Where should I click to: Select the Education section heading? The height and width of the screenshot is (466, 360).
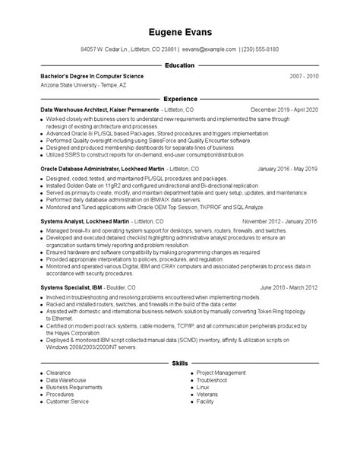[180, 66]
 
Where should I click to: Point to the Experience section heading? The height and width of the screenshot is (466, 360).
[180, 99]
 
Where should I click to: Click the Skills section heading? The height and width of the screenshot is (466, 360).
[180, 363]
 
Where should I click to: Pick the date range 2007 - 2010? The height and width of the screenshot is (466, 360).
[304, 77]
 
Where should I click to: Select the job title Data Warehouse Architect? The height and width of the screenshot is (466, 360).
[81, 109]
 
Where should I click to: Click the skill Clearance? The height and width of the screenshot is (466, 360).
[59, 373]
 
